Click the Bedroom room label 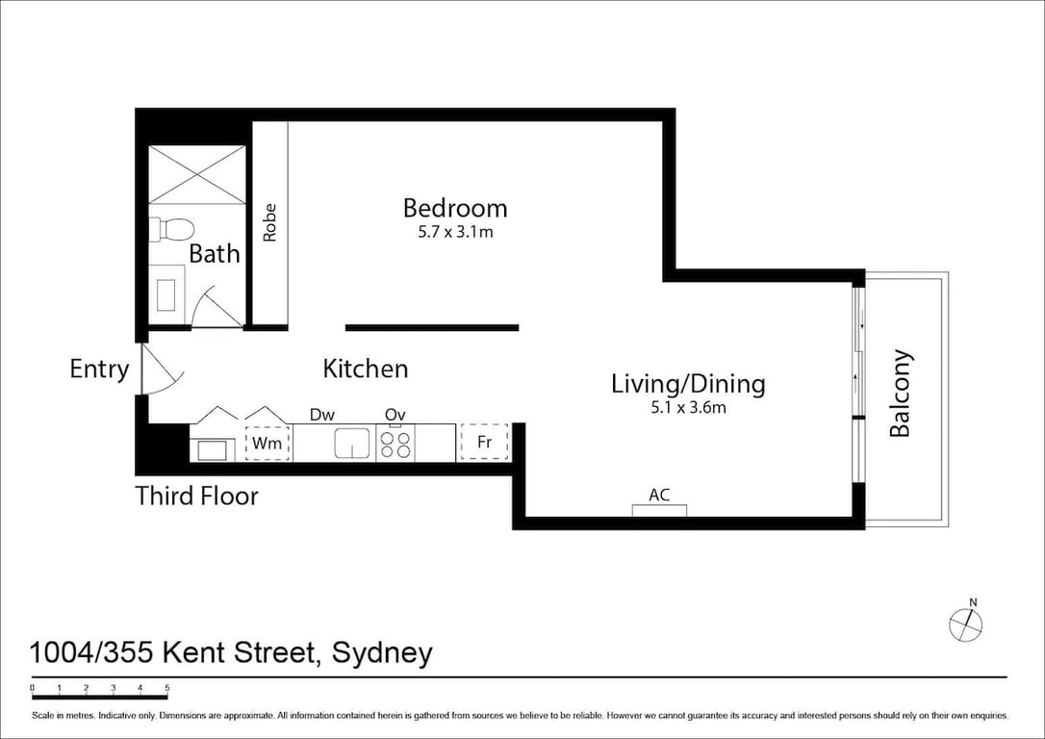[455, 209]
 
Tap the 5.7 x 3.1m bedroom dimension [455, 233]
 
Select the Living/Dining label [688, 384]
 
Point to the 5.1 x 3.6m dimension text [688, 407]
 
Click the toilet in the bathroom [171, 230]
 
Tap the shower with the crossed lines [197, 174]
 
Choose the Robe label [269, 222]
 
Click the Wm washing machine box [268, 444]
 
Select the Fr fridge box [485, 443]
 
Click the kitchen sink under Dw [352, 444]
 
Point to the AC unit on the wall [659, 510]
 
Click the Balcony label [901, 393]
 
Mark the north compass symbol [966, 623]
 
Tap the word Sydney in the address [382, 653]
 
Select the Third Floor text [196, 497]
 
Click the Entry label [99, 369]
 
